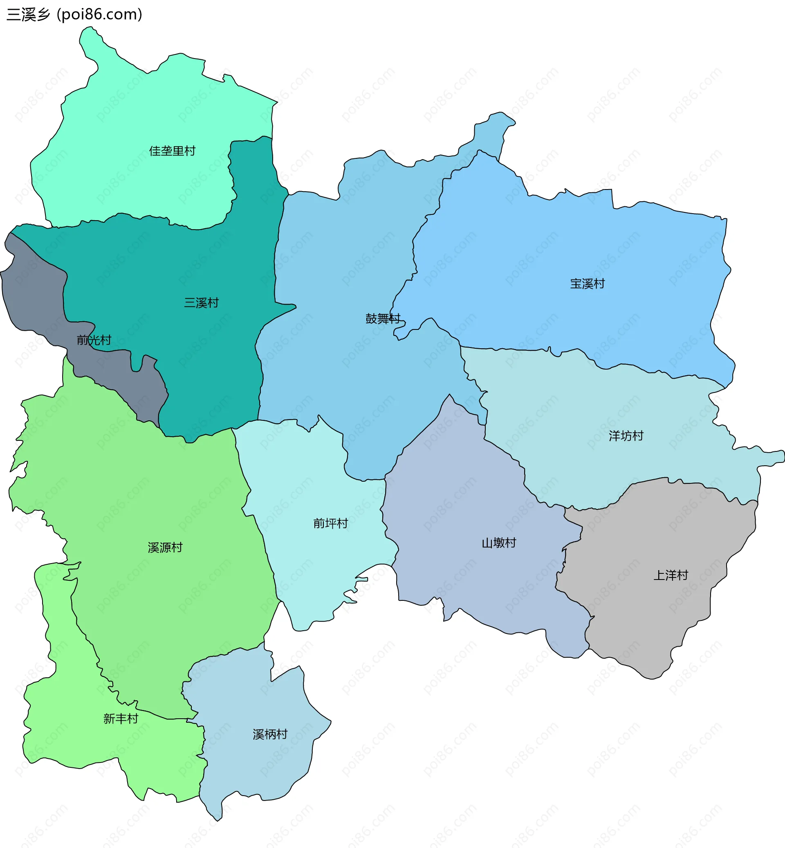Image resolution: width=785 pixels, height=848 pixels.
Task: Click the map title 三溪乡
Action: (28, 14)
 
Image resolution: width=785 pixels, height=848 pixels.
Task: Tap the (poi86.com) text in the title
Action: (99, 14)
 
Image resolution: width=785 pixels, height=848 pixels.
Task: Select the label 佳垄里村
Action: (172, 151)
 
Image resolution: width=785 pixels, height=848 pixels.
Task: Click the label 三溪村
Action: (201, 303)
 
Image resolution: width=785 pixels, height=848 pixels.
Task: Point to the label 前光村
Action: (94, 340)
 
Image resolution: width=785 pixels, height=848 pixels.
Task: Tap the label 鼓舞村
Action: (383, 318)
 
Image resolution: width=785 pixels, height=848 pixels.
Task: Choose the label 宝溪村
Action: (587, 284)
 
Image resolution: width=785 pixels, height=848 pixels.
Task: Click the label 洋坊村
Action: (626, 436)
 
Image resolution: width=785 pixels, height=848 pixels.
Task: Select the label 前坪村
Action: (330, 523)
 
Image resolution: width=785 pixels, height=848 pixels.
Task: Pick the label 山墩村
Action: (499, 543)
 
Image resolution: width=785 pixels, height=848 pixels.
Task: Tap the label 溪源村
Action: (165, 548)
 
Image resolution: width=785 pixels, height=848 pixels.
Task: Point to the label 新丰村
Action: (121, 719)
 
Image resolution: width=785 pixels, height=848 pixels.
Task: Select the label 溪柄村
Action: (270, 735)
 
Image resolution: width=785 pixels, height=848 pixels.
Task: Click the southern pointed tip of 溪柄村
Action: (217, 814)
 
